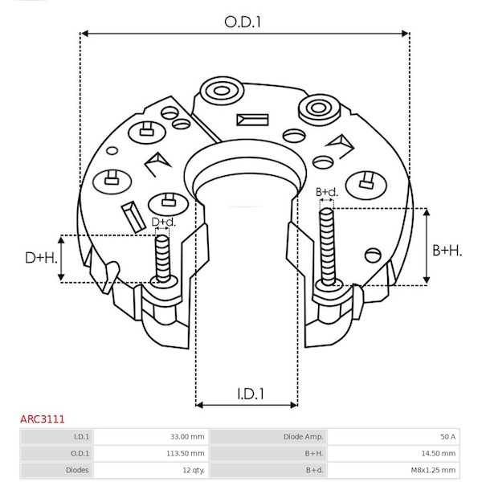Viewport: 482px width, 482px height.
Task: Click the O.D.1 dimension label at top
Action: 243,22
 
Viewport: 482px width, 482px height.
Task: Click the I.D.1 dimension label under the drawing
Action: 251,394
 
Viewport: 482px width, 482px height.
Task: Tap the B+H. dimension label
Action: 447,250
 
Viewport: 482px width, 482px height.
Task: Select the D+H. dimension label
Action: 41,258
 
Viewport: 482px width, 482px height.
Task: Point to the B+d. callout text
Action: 327,192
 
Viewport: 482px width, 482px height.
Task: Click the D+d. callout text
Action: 164,222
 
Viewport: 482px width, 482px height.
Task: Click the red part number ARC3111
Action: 43,419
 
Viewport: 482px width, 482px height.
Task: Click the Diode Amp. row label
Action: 304,436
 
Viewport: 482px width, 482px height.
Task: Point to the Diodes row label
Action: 77,470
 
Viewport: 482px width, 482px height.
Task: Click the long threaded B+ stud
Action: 327,247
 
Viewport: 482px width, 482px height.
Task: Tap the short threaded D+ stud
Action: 162,258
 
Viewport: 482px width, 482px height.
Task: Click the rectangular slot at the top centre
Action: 252,120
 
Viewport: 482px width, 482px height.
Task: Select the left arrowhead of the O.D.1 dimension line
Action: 84,33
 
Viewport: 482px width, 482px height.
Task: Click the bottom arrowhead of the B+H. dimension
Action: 426,280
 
